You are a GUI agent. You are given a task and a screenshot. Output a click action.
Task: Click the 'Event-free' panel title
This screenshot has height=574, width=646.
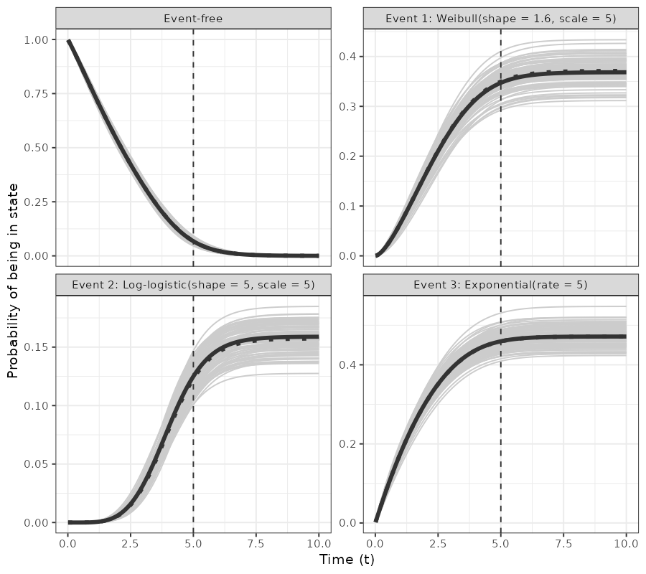click(x=193, y=19)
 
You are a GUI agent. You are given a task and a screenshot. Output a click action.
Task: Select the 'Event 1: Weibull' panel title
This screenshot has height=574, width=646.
click(x=500, y=19)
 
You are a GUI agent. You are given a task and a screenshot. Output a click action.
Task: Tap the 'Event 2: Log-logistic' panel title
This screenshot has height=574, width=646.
click(x=193, y=285)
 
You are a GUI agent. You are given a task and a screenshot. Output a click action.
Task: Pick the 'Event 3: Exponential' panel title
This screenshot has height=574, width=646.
click(x=500, y=285)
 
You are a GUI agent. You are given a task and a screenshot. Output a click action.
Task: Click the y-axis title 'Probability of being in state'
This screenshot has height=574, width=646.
click(x=13, y=281)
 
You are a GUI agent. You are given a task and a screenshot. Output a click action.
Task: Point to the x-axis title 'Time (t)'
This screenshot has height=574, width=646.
click(x=347, y=559)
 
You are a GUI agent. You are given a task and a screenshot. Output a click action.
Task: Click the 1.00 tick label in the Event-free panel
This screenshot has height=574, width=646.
click(x=35, y=40)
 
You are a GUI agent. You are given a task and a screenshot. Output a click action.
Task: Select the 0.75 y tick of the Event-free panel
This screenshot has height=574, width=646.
click(x=35, y=94)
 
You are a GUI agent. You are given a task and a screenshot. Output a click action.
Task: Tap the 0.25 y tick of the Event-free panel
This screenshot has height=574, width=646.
click(x=35, y=202)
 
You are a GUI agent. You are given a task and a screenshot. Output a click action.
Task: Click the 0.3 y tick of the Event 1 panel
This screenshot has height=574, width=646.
click(x=348, y=106)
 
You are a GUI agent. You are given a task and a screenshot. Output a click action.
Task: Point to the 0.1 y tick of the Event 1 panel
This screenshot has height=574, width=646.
click(x=348, y=206)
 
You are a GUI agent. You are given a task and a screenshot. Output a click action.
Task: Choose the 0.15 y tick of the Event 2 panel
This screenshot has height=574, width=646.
click(x=35, y=347)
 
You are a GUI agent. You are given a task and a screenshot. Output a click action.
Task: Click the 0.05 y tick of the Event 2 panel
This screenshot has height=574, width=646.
click(x=35, y=464)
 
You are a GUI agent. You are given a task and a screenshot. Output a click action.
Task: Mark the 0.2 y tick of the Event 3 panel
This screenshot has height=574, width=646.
click(x=348, y=444)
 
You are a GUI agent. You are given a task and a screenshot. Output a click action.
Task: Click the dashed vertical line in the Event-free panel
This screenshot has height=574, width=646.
click(x=194, y=143)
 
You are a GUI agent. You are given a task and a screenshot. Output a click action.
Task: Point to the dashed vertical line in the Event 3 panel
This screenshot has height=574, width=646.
click(x=500, y=430)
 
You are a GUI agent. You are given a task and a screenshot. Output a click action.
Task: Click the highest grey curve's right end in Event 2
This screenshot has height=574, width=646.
click(x=318, y=306)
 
